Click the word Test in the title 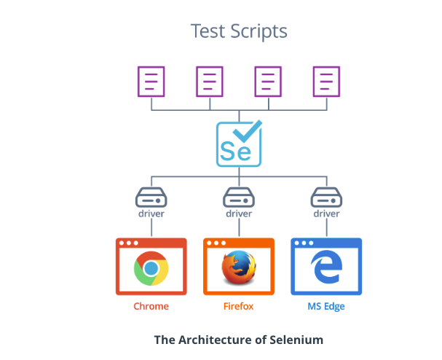coord(205,31)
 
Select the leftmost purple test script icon coord(151,82)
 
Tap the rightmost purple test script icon coord(326,82)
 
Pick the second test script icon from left coord(210,82)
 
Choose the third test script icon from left coord(268,82)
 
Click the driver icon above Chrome coord(151,197)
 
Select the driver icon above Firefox coord(239,197)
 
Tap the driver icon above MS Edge coord(326,197)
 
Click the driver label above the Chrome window coord(151,214)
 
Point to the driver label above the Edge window coord(326,214)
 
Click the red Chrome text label coord(151,307)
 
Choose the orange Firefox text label coord(238,307)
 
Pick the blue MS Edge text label coord(325,307)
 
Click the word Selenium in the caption coord(296,340)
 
